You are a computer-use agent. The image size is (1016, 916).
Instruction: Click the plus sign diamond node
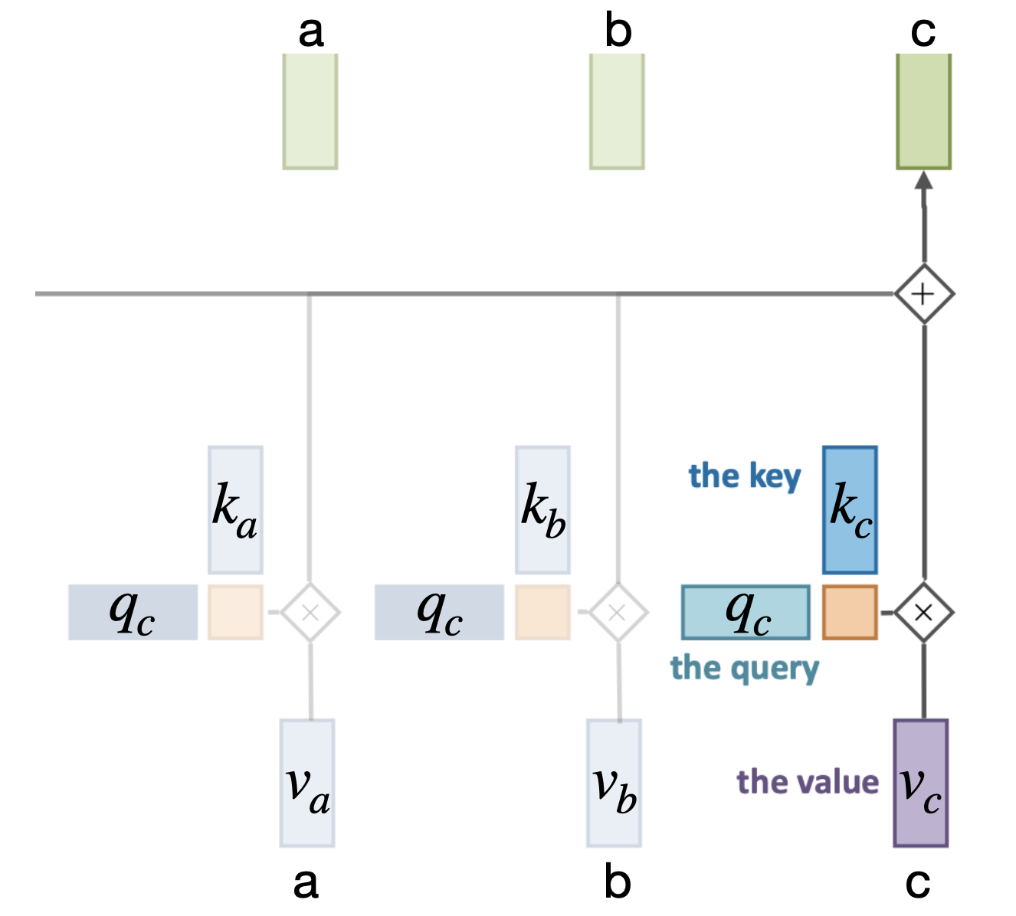(924, 294)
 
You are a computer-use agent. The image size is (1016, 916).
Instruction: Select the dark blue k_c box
(850, 509)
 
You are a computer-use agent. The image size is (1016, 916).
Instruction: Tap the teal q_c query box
(746, 612)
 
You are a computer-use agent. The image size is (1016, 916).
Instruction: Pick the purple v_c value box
(921, 783)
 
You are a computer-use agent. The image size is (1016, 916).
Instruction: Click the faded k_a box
(235, 509)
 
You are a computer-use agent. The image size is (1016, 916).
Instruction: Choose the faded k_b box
(543, 509)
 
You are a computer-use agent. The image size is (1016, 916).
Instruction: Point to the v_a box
(307, 783)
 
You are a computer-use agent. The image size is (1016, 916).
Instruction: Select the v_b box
(615, 783)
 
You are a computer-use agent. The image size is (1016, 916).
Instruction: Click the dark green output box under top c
(924, 111)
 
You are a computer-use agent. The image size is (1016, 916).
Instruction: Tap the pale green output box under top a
(310, 111)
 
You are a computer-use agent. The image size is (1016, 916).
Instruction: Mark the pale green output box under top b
(617, 111)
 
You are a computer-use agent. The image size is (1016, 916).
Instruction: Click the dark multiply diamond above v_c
(924, 612)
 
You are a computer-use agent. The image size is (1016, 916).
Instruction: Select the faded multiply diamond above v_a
(310, 612)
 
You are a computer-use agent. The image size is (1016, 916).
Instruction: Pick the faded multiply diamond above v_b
(618, 612)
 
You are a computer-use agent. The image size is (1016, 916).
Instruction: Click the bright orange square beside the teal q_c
(850, 612)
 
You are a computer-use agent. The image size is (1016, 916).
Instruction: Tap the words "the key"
(744, 476)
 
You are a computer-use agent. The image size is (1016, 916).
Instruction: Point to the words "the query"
(745, 669)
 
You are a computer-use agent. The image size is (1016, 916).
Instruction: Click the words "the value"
(808, 783)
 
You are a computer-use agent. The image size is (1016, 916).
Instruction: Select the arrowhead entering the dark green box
(924, 180)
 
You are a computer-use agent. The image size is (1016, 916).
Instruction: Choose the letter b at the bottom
(618, 882)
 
